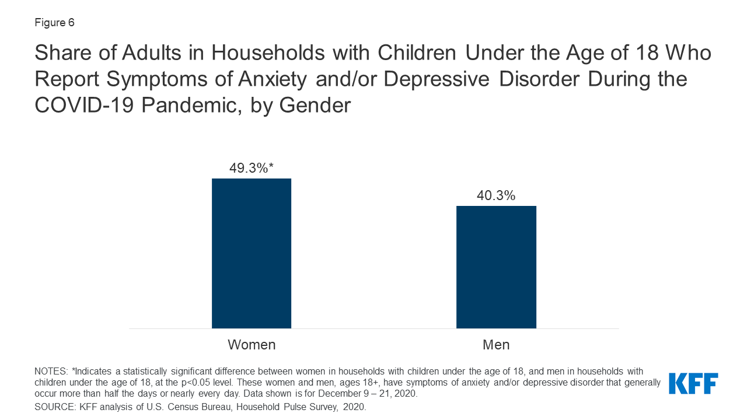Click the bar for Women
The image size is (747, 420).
252,253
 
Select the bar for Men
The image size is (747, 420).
496,267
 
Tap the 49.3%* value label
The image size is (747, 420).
252,169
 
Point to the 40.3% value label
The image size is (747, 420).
496,196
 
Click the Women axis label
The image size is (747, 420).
252,345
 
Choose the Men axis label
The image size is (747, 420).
496,345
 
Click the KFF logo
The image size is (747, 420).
693,383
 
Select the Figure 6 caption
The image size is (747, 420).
54,23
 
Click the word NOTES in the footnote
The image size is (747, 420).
51,372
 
